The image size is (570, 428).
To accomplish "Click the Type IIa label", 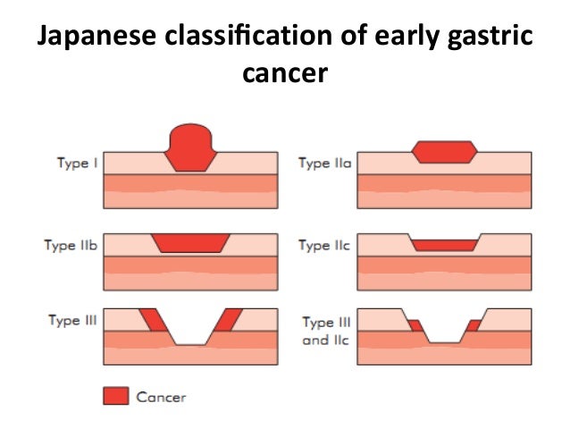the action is (325, 164).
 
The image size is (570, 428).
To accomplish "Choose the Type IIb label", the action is (71, 245).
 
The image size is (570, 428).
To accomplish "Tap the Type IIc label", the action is (325, 245).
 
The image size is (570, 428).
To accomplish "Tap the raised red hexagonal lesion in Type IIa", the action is (444, 151).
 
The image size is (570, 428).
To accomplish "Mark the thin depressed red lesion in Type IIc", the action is (444, 244).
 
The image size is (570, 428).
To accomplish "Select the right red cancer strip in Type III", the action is (228, 320).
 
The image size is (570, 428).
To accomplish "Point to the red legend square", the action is (115, 396).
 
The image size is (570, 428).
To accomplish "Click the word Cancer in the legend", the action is (162, 396).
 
